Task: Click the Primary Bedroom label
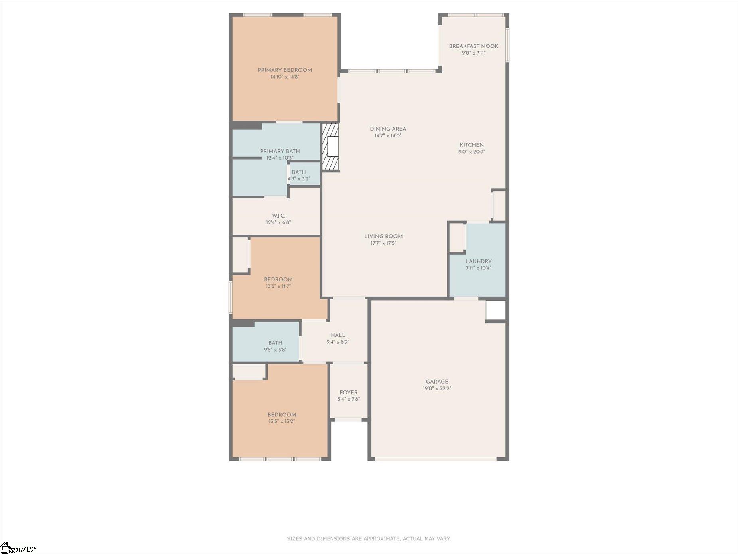pos(285,70)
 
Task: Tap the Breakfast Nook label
pos(474,46)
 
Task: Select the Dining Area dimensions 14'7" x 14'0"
pos(388,136)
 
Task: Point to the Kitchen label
pos(472,145)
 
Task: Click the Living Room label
pos(383,237)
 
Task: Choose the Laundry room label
pos(478,261)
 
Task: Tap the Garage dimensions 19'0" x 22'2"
pos(437,388)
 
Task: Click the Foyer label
pos(348,393)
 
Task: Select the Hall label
pos(338,336)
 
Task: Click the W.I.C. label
pos(278,216)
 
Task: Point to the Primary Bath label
pos(280,151)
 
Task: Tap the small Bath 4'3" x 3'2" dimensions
pos(299,179)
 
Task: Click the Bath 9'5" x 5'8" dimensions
pos(275,350)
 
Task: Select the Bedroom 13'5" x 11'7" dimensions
pos(278,286)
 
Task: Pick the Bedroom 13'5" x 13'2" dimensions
pos(282,421)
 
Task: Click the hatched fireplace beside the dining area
pos(330,147)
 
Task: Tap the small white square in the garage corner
pos(496,311)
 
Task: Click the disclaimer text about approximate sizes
pos(369,539)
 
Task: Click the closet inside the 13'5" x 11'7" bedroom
pos(241,255)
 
